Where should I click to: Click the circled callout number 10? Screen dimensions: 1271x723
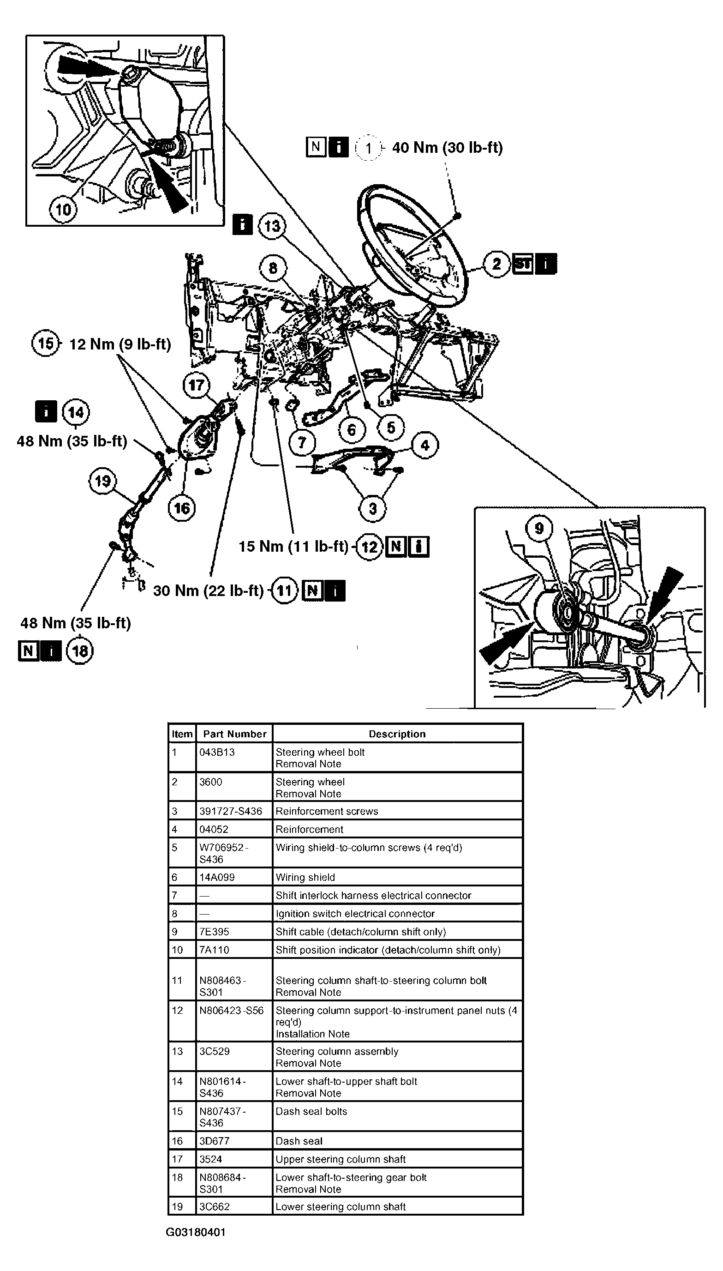click(63, 209)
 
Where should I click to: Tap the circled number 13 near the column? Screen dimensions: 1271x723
click(272, 226)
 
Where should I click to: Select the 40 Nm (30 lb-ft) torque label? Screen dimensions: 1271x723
click(447, 148)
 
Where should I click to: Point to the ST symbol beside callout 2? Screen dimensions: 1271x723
click(522, 264)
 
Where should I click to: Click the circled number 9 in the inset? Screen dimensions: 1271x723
click(539, 529)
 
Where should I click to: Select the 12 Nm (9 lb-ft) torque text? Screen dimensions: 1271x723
click(120, 344)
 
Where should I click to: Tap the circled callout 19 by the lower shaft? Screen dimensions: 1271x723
click(102, 481)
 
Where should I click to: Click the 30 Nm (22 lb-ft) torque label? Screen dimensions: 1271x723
click(208, 590)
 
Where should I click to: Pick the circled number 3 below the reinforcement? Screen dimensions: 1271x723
click(372, 508)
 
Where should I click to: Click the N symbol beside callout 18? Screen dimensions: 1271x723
click(28, 651)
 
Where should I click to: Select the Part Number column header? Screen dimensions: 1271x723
click(234, 734)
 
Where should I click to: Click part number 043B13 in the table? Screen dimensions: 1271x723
click(217, 752)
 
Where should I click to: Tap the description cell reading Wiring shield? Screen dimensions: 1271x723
click(305, 878)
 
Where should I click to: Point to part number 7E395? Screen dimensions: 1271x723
click(214, 932)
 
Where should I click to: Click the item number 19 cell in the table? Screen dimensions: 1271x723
click(177, 1206)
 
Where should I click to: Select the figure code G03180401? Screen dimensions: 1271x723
click(196, 1232)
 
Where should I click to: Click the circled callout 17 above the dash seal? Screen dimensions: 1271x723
click(196, 385)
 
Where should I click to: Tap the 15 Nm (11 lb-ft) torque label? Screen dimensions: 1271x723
click(293, 547)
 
